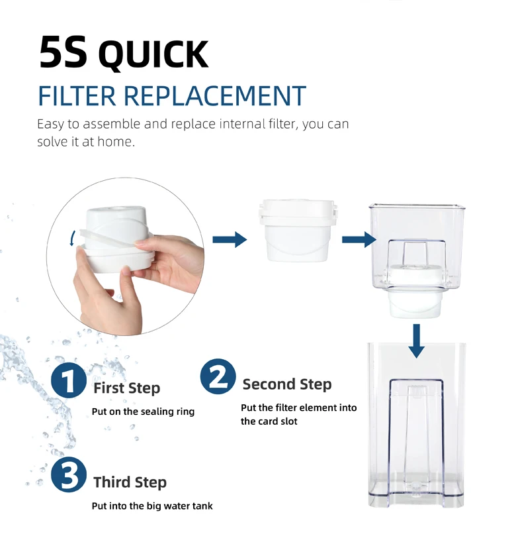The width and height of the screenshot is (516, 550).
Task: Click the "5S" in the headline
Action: [x=63, y=52]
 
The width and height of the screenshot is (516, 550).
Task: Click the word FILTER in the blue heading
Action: [x=77, y=96]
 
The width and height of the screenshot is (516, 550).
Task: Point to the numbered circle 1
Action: [x=69, y=380]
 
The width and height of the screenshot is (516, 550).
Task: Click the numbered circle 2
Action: [x=218, y=376]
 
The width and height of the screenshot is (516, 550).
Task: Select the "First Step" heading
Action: [x=126, y=388]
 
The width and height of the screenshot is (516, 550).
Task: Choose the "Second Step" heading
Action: [x=286, y=384]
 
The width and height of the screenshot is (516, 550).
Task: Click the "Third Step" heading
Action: [x=130, y=482]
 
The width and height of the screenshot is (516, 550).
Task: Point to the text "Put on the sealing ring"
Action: [x=143, y=412]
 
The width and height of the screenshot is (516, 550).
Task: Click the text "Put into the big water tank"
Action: [x=152, y=506]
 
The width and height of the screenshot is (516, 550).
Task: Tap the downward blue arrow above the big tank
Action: [x=416, y=341]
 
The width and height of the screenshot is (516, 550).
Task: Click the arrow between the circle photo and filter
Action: [x=230, y=240]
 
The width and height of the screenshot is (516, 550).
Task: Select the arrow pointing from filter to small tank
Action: [x=359, y=239]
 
